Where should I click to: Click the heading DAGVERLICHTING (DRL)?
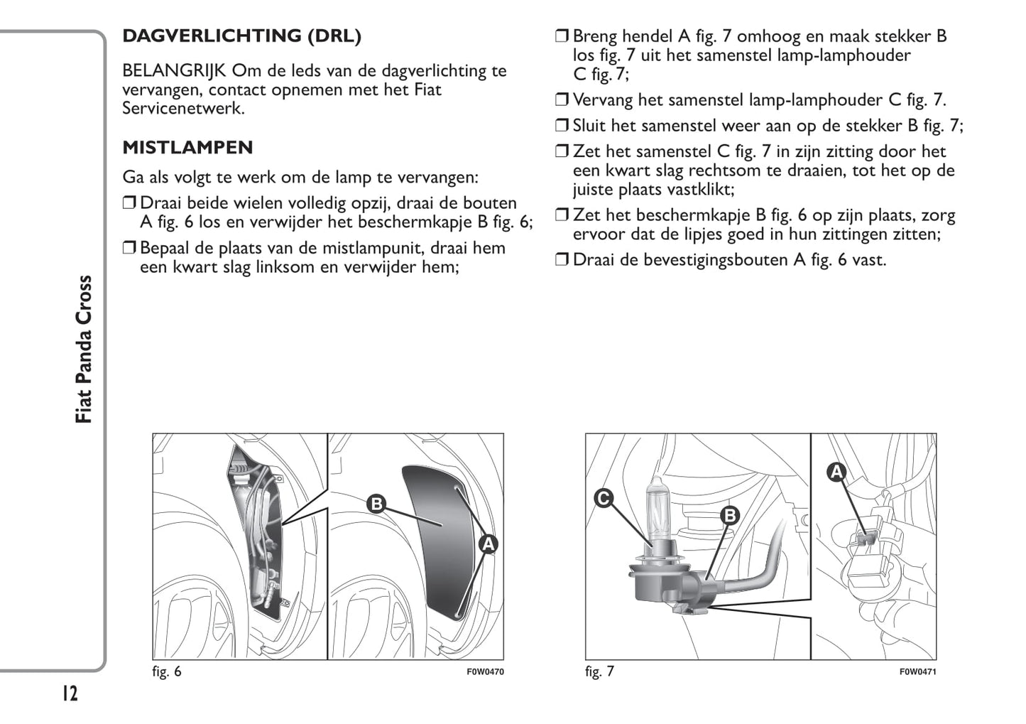pos(241,36)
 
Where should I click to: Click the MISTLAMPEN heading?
pos(187,148)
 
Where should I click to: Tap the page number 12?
pos(69,693)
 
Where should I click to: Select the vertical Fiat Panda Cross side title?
pos(84,349)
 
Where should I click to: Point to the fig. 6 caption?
pos(167,671)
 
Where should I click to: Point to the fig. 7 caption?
pos(599,671)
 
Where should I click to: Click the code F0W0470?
pos(485,672)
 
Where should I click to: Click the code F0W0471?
pos(917,672)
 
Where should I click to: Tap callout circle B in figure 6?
pos(376,504)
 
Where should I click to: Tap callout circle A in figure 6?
pos(488,544)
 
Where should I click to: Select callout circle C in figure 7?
pos(604,499)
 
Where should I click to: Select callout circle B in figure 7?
pos(729,515)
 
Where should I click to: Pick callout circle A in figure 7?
pos(836,472)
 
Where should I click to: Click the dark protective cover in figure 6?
pos(433,540)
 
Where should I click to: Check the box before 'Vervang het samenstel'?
pos(562,100)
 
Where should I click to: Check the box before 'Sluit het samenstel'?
pos(562,126)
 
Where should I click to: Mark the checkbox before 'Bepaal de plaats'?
pos(129,248)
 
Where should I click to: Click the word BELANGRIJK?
pos(174,71)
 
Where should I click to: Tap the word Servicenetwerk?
pos(183,109)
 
